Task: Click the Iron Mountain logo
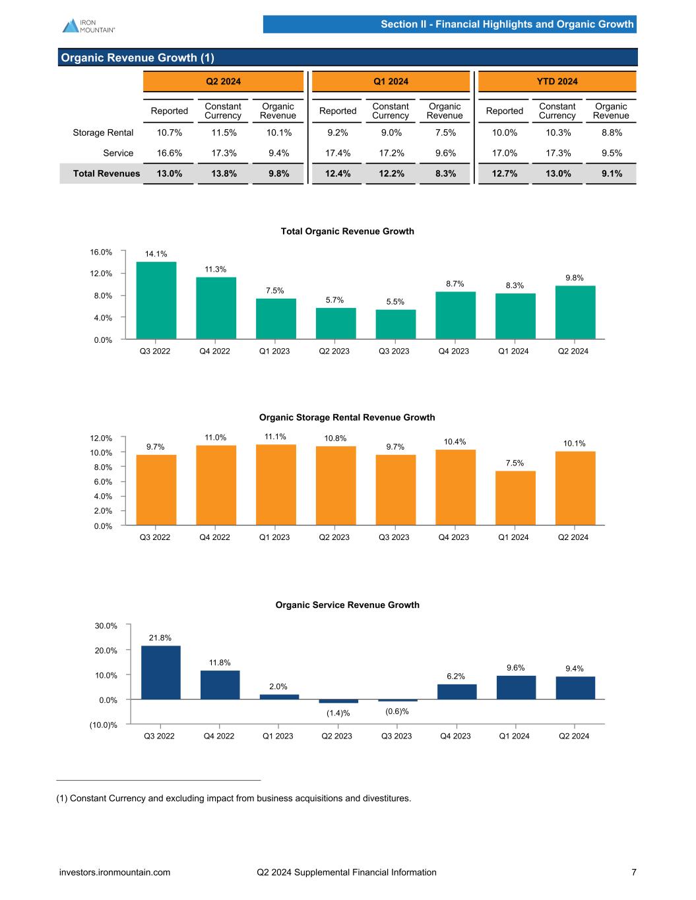89,26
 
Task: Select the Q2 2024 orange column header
223,82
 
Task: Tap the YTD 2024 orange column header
557,82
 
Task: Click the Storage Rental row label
103,133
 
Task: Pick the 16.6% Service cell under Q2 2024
169,153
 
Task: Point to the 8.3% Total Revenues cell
445,173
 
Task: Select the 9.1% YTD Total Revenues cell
611,173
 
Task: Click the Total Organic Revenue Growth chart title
348,231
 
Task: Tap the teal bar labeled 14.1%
156,301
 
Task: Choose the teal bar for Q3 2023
395,324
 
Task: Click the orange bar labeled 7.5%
515,498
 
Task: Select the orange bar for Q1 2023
276,485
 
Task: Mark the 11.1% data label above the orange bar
275,436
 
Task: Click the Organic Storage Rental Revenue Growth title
347,417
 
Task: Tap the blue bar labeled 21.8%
160,673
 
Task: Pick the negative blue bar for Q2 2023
338,701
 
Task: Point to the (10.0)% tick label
104,725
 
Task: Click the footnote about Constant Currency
234,798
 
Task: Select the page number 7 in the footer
634,872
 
